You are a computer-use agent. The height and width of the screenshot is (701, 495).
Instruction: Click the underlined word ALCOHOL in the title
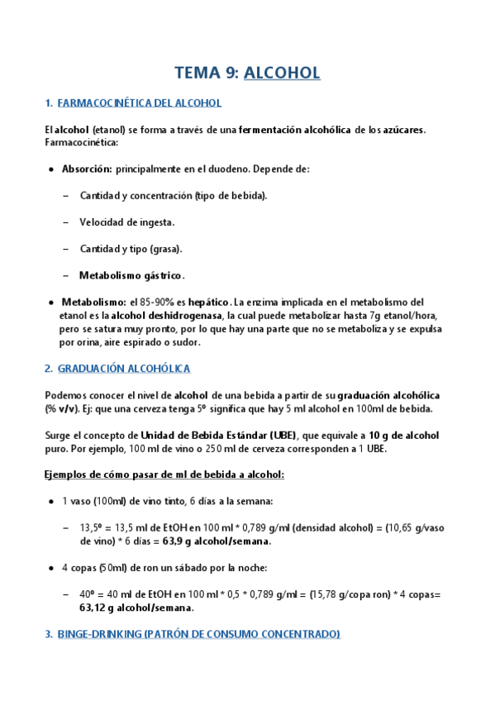282,73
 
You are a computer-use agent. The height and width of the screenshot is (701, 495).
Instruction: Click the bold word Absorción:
87,169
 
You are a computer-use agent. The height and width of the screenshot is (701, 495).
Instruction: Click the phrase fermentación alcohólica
295,129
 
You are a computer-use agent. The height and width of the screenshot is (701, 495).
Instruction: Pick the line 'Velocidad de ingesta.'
126,222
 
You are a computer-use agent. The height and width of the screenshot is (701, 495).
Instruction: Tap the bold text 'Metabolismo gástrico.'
132,275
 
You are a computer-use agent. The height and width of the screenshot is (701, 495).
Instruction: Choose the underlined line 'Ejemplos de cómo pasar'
164,474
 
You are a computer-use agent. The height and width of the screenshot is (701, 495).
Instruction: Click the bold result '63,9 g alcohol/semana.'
218,541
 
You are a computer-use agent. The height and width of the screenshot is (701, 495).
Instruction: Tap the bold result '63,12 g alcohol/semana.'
136,608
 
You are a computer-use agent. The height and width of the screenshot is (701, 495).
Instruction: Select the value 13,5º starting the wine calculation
92,528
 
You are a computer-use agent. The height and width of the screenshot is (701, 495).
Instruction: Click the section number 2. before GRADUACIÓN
49,367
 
